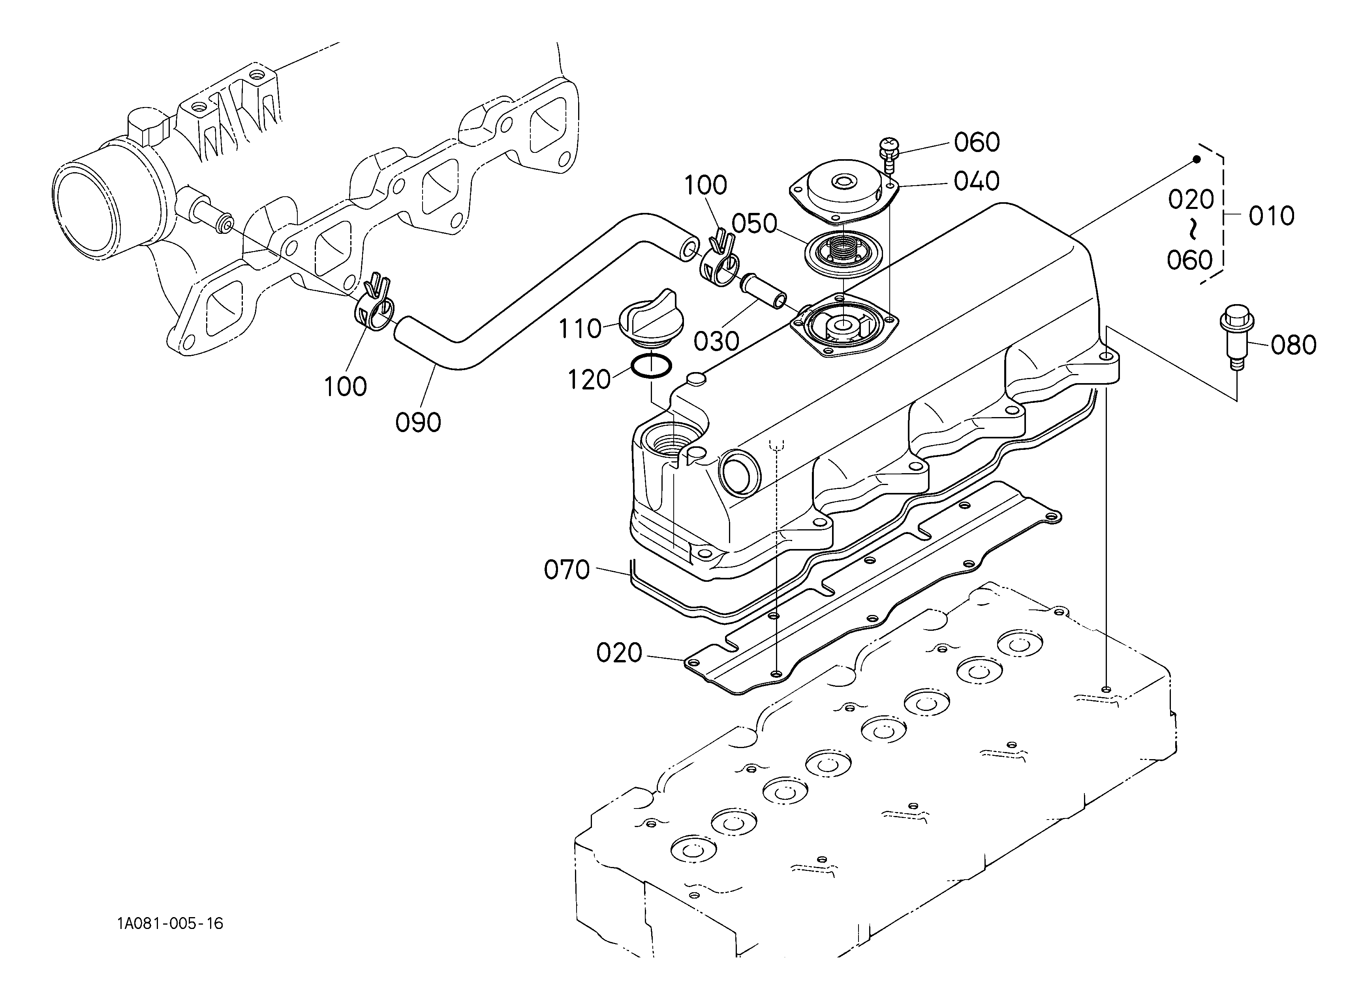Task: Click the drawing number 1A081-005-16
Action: click(170, 923)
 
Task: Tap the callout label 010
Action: click(1271, 216)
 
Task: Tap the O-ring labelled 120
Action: click(652, 366)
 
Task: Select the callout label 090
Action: click(418, 423)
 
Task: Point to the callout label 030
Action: click(716, 342)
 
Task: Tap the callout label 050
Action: click(754, 224)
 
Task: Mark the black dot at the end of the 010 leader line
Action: click(1197, 159)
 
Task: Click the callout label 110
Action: click(580, 329)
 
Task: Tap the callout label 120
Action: click(589, 380)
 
